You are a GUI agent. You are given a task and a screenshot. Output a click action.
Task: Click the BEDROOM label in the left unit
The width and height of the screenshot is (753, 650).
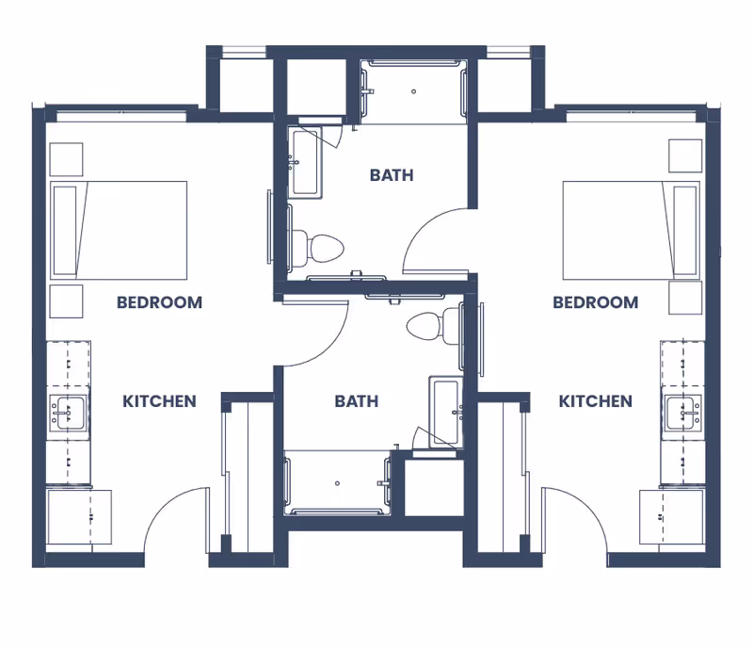(159, 302)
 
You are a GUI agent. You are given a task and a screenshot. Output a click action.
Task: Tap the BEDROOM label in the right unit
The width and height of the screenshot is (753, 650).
(595, 302)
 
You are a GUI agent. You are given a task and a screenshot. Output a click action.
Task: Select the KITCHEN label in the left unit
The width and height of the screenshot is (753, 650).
(159, 401)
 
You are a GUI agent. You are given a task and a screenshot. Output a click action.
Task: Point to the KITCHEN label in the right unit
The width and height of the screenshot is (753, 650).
(595, 401)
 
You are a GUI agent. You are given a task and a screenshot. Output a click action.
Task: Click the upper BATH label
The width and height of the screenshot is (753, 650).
(391, 175)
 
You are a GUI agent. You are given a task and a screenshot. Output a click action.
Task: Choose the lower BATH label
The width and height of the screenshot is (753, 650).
(357, 401)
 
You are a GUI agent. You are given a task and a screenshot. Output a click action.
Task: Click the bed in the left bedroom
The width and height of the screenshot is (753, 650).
(119, 230)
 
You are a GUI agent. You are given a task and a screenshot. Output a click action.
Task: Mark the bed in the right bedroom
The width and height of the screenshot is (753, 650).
(632, 230)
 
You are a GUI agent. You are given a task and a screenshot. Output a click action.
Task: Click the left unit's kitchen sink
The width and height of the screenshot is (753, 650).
(69, 413)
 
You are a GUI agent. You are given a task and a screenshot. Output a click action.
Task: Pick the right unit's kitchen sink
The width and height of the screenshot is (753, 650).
(682, 413)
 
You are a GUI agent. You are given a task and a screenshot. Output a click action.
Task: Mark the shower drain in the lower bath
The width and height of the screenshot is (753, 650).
(337, 483)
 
